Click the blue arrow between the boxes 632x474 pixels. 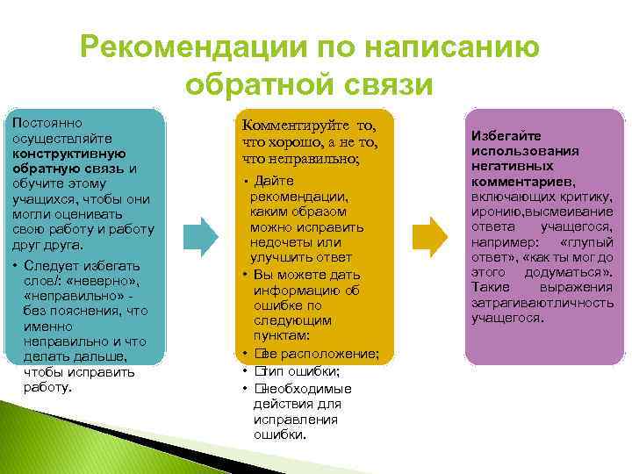tap(205, 236)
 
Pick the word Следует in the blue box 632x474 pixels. tap(48, 265)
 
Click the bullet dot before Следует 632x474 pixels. tap(17, 265)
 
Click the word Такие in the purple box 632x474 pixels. tap(489, 286)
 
